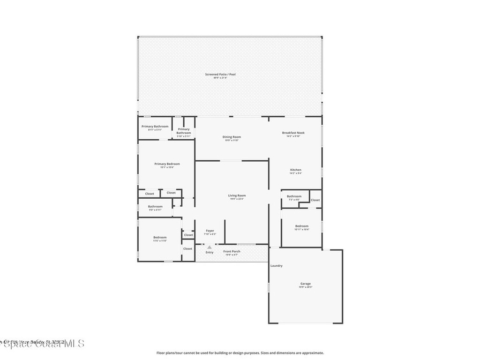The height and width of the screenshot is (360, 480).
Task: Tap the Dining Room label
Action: (232, 137)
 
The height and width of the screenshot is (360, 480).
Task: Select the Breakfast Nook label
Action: (293, 133)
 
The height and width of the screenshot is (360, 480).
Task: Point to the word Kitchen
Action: (295, 170)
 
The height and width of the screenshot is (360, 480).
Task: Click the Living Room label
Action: (237, 195)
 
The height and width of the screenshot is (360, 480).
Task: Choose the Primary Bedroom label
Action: (167, 164)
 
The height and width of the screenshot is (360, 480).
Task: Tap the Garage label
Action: (306, 284)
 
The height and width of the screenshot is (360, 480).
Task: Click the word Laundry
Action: (277, 266)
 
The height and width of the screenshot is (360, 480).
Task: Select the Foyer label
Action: (210, 231)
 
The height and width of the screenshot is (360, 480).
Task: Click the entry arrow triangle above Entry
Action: (209, 247)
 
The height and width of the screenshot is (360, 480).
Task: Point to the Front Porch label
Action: (232, 251)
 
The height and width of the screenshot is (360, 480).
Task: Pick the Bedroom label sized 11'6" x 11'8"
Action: (160, 238)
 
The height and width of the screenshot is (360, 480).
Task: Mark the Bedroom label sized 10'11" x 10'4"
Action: (301, 226)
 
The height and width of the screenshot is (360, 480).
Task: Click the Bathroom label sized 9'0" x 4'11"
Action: (155, 206)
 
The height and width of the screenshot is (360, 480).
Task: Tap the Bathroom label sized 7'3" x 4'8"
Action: (294, 196)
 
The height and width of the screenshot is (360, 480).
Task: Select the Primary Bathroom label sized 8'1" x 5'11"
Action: (155, 126)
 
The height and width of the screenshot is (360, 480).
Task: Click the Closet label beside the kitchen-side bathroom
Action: (315, 200)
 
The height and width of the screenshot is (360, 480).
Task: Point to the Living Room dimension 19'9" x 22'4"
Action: (237, 199)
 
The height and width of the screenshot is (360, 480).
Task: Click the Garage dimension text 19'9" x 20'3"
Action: (306, 287)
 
